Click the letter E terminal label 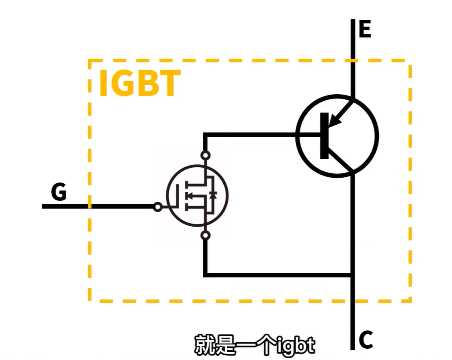point(365,30)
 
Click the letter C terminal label point(365,340)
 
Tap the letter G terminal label point(59,192)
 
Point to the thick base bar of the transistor point(324,136)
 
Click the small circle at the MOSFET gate point(158,207)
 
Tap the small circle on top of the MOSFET point(206,155)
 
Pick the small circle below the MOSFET point(206,235)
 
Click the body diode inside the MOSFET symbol point(213,196)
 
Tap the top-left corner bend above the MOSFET point(206,135)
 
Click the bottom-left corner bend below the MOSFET point(206,274)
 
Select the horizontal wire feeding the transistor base point(258,135)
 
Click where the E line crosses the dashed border point(353,61)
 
